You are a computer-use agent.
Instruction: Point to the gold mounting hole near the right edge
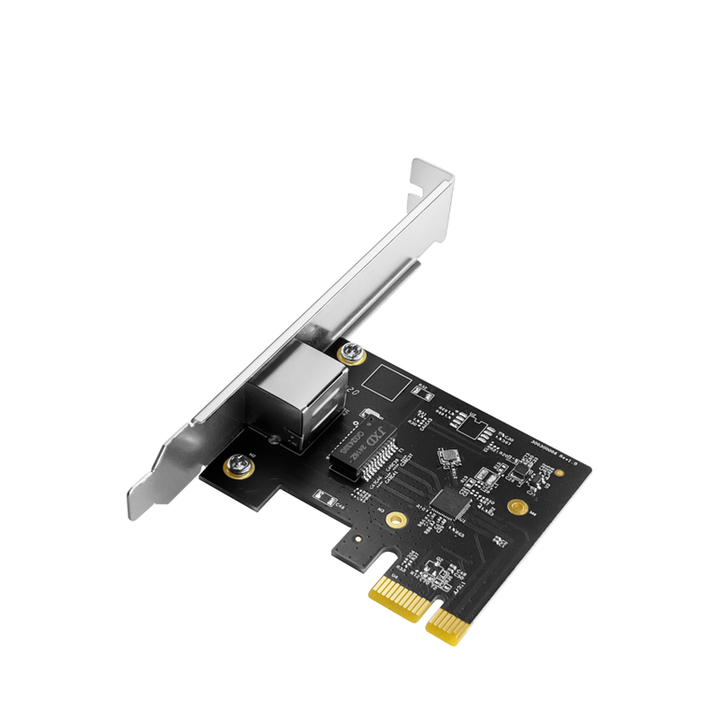coord(517,508)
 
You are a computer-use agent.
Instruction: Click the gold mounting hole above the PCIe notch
coord(394,519)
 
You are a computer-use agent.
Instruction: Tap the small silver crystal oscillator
coord(447,457)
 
